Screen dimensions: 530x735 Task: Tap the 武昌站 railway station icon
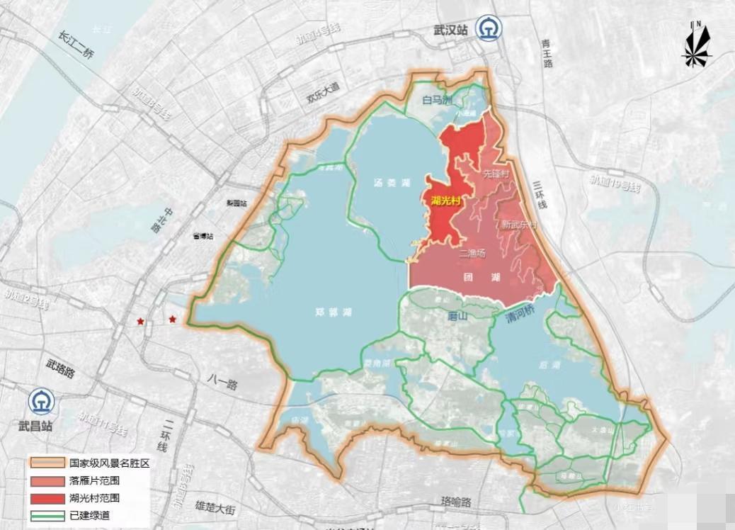(x=41, y=402)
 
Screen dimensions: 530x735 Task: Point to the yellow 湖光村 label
(x=447, y=201)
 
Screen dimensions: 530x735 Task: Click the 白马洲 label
(x=437, y=101)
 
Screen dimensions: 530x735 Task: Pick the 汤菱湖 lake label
(x=392, y=183)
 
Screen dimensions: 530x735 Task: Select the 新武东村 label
(x=518, y=225)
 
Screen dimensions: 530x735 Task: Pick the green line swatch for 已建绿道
(x=46, y=515)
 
